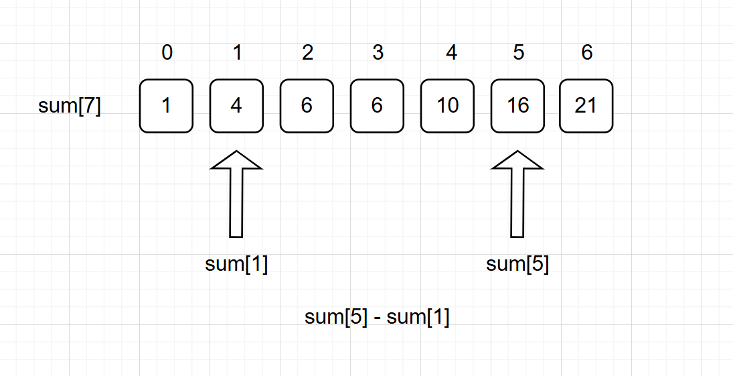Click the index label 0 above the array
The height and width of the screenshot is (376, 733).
coord(167,53)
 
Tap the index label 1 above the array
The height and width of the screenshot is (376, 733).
coord(237,53)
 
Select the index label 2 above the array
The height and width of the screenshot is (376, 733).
coord(307,53)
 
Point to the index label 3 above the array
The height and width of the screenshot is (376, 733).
coord(378,53)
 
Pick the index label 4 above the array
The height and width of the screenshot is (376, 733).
coord(452,53)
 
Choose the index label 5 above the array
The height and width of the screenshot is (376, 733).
coord(518,53)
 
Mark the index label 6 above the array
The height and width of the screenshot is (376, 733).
coord(587,53)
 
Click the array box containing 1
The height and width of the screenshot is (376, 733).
coord(166,106)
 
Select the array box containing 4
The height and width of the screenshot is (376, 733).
coord(236,106)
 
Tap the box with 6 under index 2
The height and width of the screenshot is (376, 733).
coord(307,106)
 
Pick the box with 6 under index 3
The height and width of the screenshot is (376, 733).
coord(377,106)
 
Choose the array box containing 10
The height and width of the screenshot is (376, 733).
coord(447,106)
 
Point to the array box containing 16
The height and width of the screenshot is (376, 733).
coord(517,106)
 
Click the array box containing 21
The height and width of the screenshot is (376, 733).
coord(586,106)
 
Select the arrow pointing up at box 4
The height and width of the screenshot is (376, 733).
coord(236,194)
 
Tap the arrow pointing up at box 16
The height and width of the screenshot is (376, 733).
coord(517,194)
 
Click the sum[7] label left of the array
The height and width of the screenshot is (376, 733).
coord(70,107)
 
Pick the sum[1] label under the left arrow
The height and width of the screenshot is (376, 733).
coord(236,265)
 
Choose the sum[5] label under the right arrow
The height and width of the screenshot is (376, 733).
coord(517,265)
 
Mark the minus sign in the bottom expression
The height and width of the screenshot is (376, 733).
coord(378,317)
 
